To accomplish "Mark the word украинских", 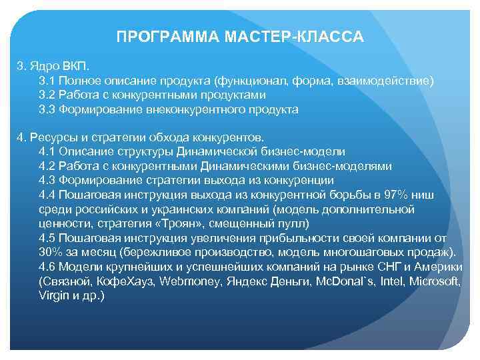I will pyautogui.click(x=164, y=209).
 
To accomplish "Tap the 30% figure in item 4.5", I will pyautogui.click(x=51, y=251).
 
